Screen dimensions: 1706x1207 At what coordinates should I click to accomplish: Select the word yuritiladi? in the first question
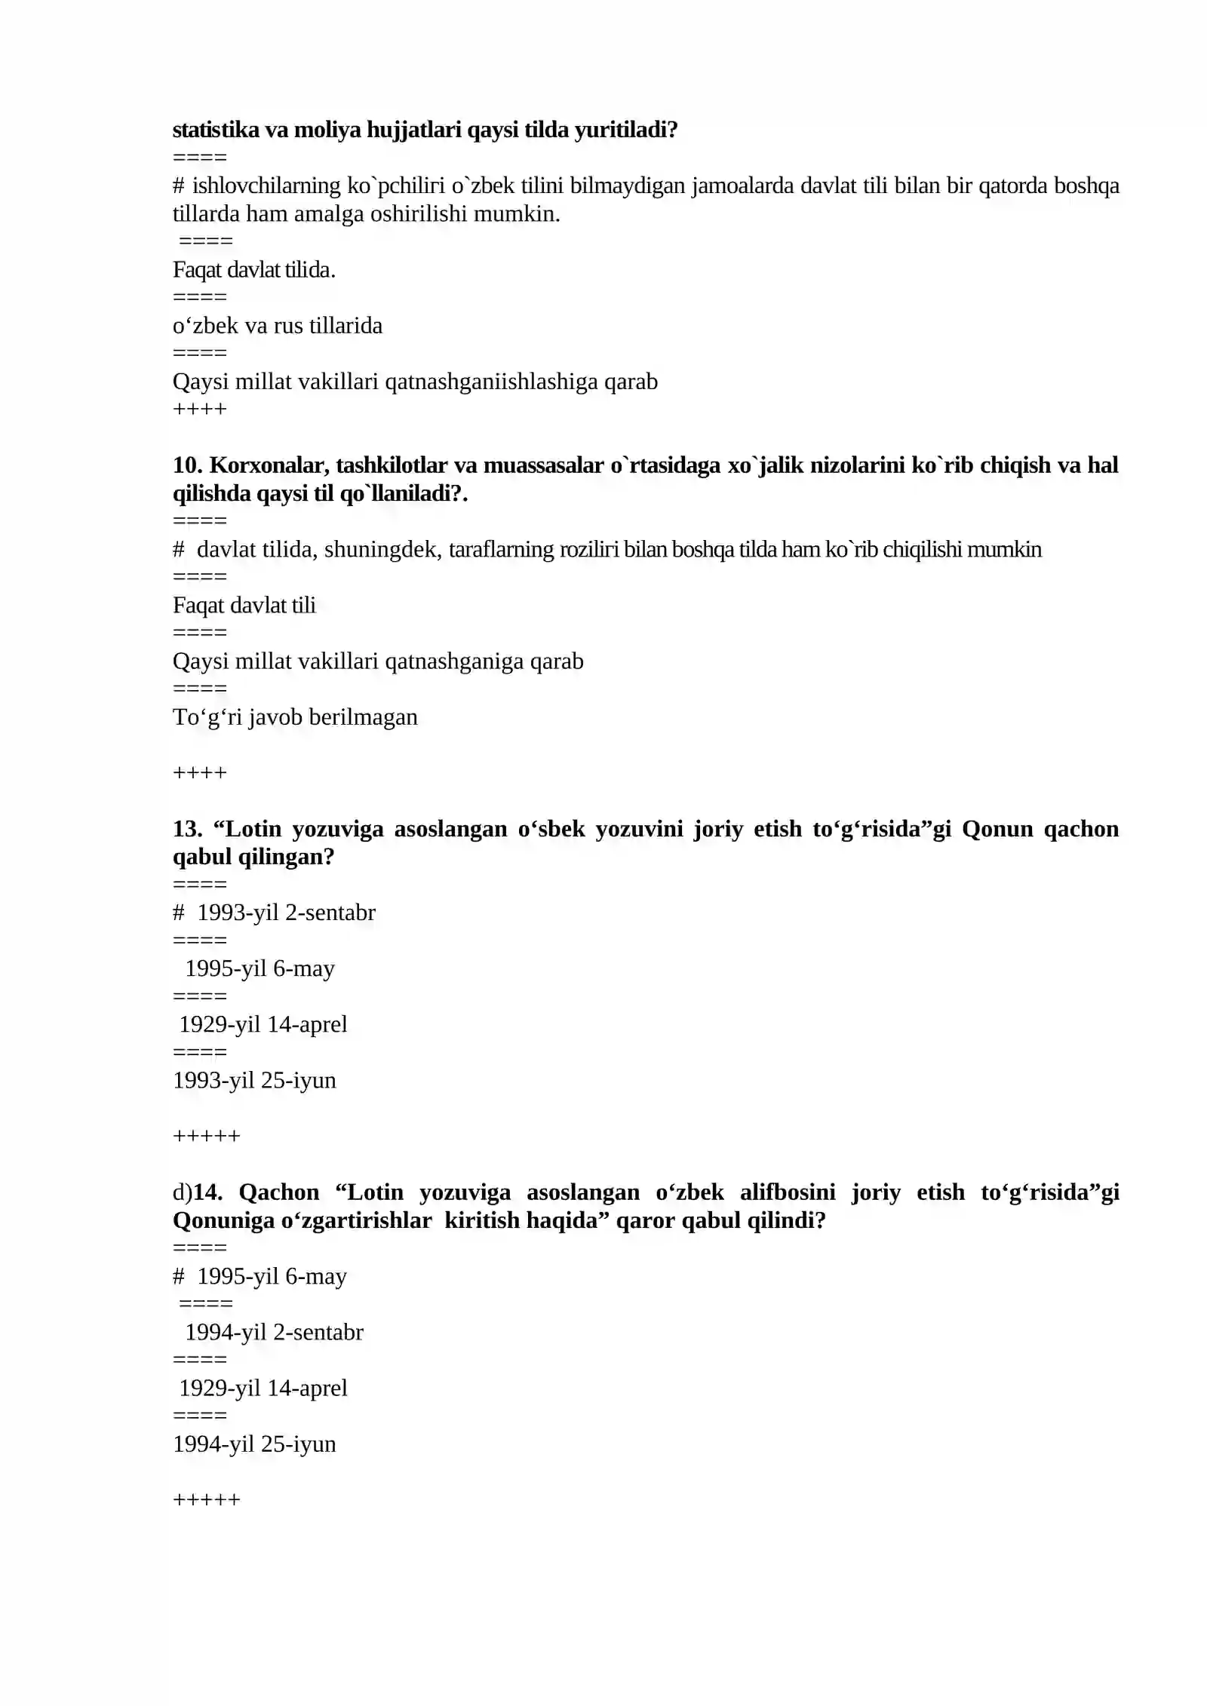[x=625, y=130]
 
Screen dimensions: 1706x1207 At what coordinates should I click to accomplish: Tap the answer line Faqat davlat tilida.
[x=253, y=269]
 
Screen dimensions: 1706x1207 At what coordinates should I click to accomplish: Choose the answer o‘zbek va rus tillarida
[x=277, y=325]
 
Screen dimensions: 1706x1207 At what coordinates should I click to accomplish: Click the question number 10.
[x=187, y=465]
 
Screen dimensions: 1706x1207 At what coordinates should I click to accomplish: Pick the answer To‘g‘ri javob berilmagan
[x=294, y=716]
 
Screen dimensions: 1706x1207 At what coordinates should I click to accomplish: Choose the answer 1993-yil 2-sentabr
[x=286, y=913]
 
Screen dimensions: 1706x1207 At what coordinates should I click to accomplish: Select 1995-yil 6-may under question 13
[x=260, y=968]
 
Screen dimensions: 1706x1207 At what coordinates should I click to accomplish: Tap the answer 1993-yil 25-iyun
[x=254, y=1080]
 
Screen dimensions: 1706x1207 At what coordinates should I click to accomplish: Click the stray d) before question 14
[x=182, y=1192]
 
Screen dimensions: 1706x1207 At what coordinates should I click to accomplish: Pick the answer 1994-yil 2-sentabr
[x=274, y=1332]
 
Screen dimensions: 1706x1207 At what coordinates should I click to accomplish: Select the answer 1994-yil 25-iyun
[x=254, y=1444]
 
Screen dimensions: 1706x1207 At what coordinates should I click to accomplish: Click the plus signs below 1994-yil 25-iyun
[x=206, y=1499]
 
